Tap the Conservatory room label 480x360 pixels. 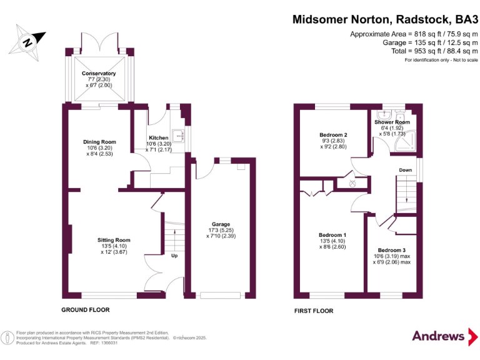[99, 74]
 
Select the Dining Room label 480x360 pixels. [100, 142]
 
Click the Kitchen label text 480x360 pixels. [158, 137]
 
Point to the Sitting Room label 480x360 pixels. [114, 240]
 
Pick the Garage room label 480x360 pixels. [221, 224]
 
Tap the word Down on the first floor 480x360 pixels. [405, 170]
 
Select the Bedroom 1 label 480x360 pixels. [332, 236]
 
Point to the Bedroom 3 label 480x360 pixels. [392, 250]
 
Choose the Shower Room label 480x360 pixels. [392, 122]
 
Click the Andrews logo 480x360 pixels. [439, 336]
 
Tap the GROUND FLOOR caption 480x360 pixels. [86, 310]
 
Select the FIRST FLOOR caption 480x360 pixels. [314, 311]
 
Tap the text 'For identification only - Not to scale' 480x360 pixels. [441, 60]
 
